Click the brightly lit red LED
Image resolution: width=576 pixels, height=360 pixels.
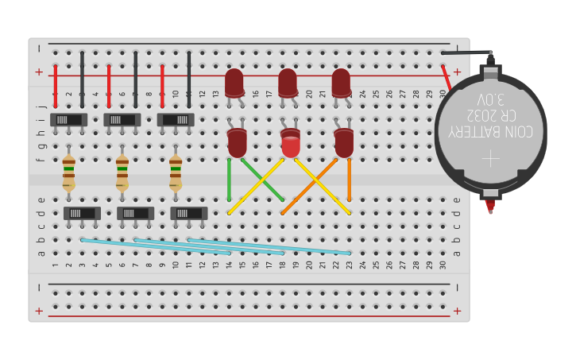pos(291,145)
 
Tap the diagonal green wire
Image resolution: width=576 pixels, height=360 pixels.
pos(262,180)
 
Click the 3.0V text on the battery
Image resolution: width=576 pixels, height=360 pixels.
pos(490,100)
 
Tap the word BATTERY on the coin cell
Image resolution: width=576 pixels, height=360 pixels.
pos(479,131)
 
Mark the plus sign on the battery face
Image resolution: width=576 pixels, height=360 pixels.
pos(490,157)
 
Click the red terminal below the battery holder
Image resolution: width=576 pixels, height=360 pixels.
pos(490,206)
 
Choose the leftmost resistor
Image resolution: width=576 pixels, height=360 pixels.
pos(69,172)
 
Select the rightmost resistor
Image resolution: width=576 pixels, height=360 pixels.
pos(176,172)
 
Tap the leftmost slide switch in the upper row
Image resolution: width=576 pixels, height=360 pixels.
pos(69,119)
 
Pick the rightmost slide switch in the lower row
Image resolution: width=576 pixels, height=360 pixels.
pos(189,213)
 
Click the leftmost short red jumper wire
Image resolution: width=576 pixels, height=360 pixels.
pos(56,86)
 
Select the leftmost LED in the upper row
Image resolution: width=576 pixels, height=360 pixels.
pos(234,83)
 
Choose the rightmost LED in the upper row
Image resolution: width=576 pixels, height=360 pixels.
pos(341,83)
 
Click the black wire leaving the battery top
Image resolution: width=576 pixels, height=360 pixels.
pos(465,53)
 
